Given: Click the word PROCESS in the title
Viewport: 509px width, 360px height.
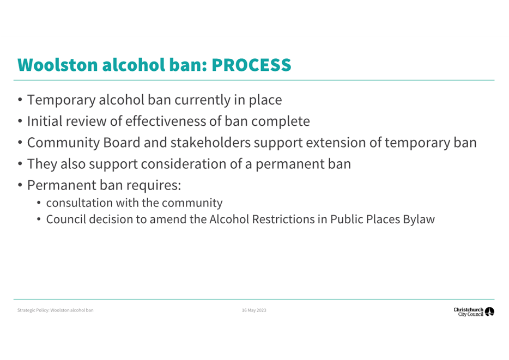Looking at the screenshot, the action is [x=251, y=65].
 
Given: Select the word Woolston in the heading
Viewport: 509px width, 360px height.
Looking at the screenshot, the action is [x=57, y=65].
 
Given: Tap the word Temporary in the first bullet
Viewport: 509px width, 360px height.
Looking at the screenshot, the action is [x=62, y=100].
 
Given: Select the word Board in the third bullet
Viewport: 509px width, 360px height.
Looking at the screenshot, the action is [x=122, y=142].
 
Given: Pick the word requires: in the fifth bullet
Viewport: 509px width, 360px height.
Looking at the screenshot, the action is [x=154, y=186].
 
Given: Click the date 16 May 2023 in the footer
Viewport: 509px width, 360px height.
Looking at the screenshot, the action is [x=254, y=310].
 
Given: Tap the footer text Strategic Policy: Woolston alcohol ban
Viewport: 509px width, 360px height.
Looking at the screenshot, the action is [x=55, y=310].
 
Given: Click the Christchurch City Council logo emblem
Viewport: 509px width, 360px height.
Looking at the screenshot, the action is [x=489, y=312].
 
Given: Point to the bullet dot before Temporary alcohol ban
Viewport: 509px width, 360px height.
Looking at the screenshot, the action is [x=20, y=100].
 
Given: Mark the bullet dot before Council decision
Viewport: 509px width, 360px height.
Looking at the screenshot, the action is [x=39, y=219].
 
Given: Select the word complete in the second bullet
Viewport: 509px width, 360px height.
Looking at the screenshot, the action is [x=281, y=121].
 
